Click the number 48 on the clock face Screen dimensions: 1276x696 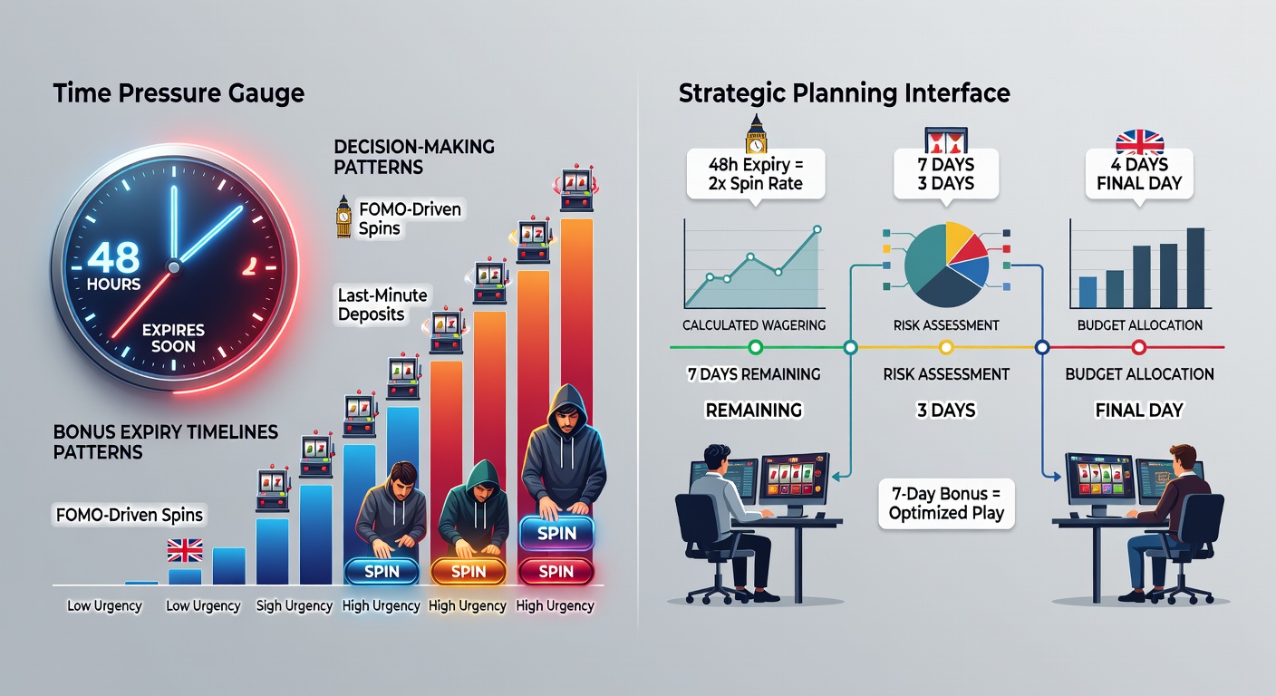113,256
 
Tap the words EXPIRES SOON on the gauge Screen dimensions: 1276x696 173,338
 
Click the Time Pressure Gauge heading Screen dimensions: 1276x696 179,93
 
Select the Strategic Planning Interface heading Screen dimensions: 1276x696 845,93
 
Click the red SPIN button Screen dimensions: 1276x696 556,571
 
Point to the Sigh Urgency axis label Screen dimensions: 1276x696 294,605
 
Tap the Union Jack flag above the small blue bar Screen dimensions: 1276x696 185,551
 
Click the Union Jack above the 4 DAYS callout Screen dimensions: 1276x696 1139,141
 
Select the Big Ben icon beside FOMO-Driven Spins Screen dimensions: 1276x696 343,217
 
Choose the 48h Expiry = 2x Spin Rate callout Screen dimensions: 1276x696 755,174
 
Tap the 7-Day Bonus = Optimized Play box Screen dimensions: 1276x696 946,504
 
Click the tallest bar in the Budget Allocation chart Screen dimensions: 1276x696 1195,268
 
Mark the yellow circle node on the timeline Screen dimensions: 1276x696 945,347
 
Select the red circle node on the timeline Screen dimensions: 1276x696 1139,347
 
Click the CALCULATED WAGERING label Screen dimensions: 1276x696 754,325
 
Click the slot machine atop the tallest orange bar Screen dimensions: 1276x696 576,188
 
